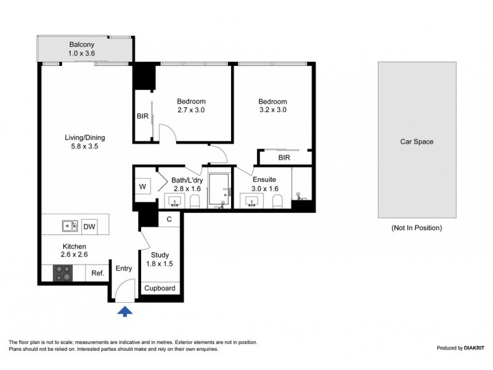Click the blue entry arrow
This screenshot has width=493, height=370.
point(125,312)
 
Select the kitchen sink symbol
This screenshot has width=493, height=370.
point(70,226)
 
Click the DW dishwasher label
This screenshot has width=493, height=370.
point(89,227)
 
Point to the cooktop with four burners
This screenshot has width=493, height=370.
point(63,273)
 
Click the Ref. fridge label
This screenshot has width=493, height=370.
point(97,273)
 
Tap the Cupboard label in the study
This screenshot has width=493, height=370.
point(160,289)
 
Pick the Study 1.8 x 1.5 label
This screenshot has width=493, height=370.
point(160,260)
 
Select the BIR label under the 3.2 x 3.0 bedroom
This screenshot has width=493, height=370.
point(284,158)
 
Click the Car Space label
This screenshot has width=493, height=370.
point(417,142)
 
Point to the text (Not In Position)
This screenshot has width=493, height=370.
point(417,228)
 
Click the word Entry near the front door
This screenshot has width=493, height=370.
point(124,268)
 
